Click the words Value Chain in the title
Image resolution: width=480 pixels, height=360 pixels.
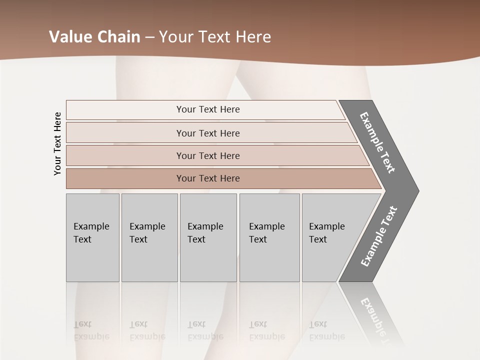(94, 37)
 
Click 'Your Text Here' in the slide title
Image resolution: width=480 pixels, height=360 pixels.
(215, 37)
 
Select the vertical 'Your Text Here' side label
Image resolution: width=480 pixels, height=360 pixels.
(57, 143)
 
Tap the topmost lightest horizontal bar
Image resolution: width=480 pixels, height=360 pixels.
(207, 109)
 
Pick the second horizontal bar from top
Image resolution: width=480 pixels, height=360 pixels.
(207, 133)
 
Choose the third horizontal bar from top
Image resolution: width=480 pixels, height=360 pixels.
(207, 155)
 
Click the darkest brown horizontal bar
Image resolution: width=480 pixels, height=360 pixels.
(207, 178)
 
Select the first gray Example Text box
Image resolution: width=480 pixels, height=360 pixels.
(92, 237)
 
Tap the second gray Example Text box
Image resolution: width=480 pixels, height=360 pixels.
(149, 237)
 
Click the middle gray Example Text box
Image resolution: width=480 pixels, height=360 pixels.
(208, 237)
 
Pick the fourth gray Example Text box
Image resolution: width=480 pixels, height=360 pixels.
(269, 237)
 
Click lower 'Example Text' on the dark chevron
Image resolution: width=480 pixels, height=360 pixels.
(379, 236)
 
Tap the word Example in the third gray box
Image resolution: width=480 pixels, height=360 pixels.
(205, 226)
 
